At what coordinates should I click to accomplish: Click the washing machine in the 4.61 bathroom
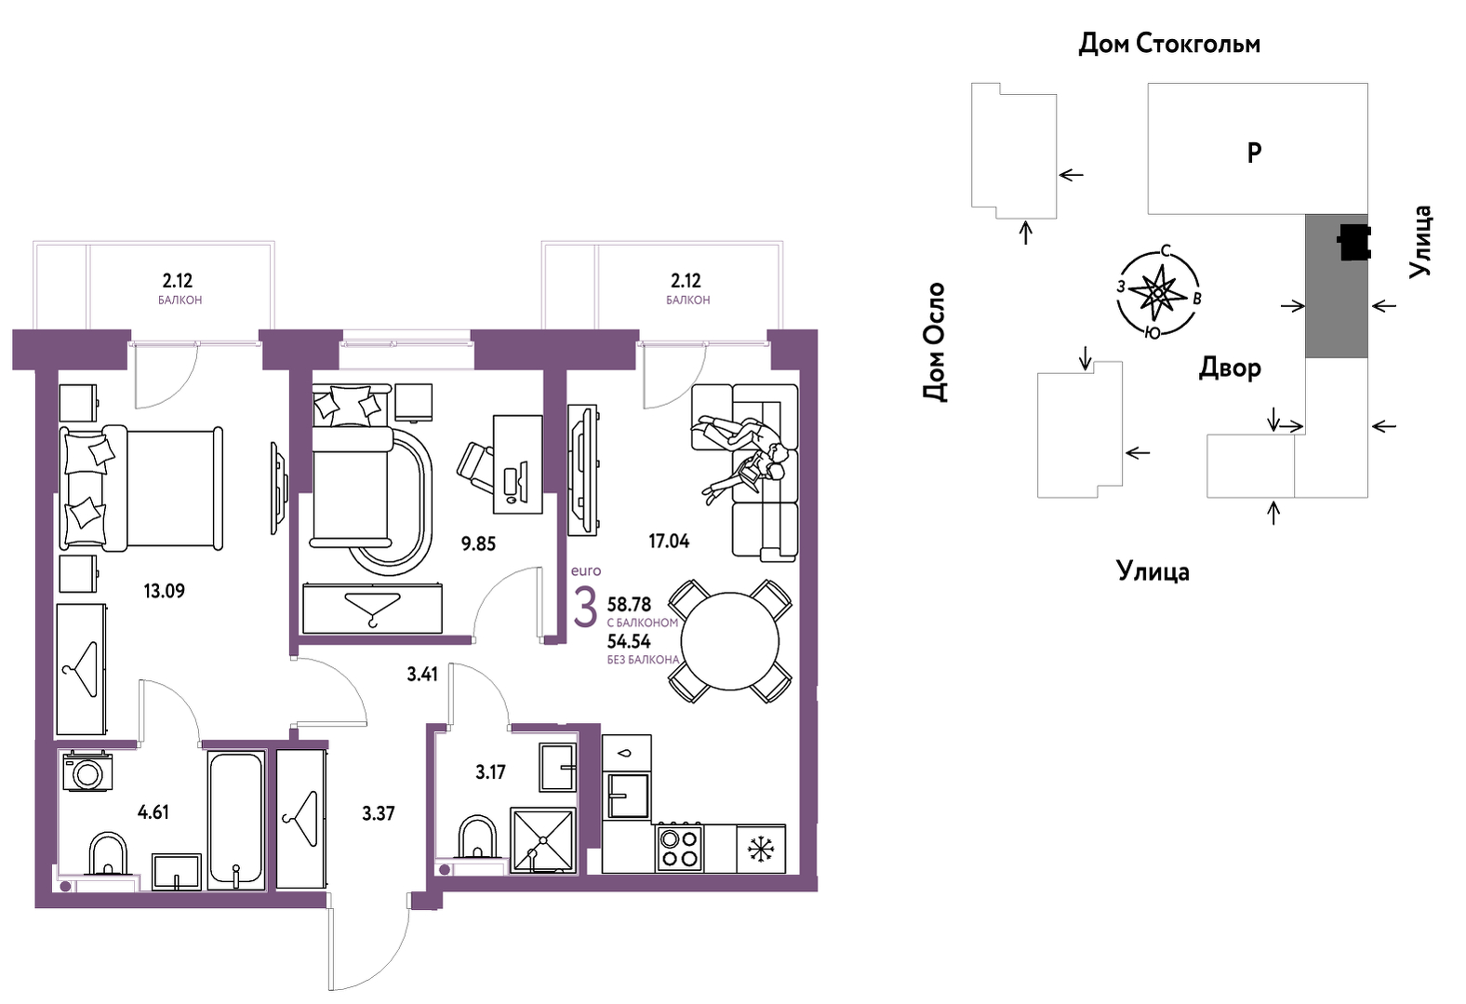pyautogui.click(x=87, y=772)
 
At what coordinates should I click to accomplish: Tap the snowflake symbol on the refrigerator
pyautogui.click(x=761, y=850)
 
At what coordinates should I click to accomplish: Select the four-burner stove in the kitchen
pyautogui.click(x=680, y=848)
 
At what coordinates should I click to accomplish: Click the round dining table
pyautogui.click(x=729, y=641)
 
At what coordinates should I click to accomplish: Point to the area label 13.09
pyautogui.click(x=165, y=591)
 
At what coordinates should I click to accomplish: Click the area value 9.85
pyautogui.click(x=478, y=544)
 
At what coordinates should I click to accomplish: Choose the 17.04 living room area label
pyautogui.click(x=669, y=542)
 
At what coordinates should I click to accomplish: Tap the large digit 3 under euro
pyautogui.click(x=586, y=608)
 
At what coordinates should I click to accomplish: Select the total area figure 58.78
pyautogui.click(x=629, y=604)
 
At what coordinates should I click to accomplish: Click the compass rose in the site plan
pyautogui.click(x=1158, y=293)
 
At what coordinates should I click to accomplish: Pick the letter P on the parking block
pyautogui.click(x=1254, y=154)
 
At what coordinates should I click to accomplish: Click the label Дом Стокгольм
pyautogui.click(x=1169, y=44)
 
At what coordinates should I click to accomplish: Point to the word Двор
pyautogui.click(x=1230, y=368)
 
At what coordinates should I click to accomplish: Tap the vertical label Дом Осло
pyautogui.click(x=934, y=341)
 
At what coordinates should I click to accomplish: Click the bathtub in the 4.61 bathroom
pyautogui.click(x=236, y=820)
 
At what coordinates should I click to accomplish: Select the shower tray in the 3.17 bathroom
pyautogui.click(x=543, y=840)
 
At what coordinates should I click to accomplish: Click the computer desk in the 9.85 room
pyautogui.click(x=518, y=464)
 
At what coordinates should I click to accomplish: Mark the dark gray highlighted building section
pyautogui.click(x=1337, y=286)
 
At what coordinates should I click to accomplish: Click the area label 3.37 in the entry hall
pyautogui.click(x=379, y=813)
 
